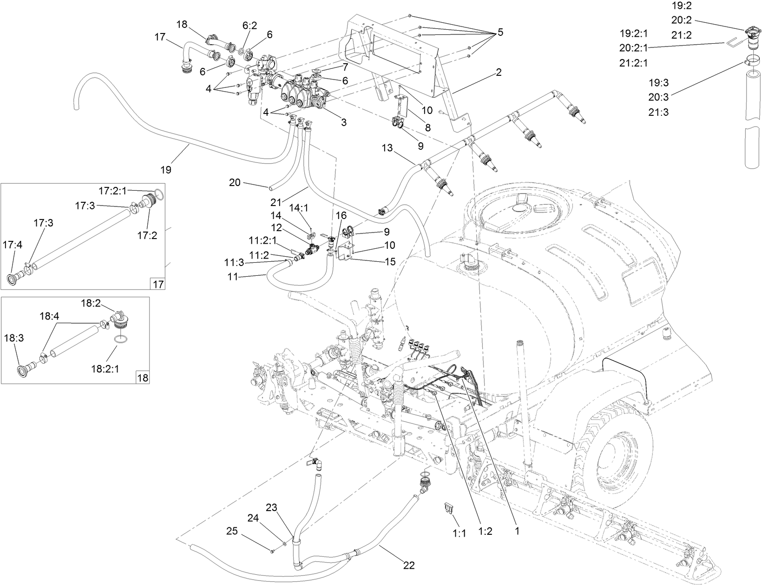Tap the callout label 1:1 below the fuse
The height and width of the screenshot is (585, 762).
(x=459, y=534)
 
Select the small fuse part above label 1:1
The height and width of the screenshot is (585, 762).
(x=449, y=507)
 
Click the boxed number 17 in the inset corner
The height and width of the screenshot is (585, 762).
(x=158, y=284)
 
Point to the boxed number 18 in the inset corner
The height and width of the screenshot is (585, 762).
(x=143, y=378)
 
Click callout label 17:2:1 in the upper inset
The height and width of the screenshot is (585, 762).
(x=112, y=190)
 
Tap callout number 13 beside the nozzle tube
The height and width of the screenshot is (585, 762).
(x=388, y=148)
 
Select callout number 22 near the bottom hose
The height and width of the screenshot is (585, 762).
(x=409, y=565)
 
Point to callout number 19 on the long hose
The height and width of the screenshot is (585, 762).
(x=166, y=170)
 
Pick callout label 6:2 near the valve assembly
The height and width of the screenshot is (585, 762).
(x=250, y=26)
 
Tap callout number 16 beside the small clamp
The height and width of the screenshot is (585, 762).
(x=341, y=215)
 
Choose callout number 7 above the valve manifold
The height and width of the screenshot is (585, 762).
(x=345, y=66)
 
